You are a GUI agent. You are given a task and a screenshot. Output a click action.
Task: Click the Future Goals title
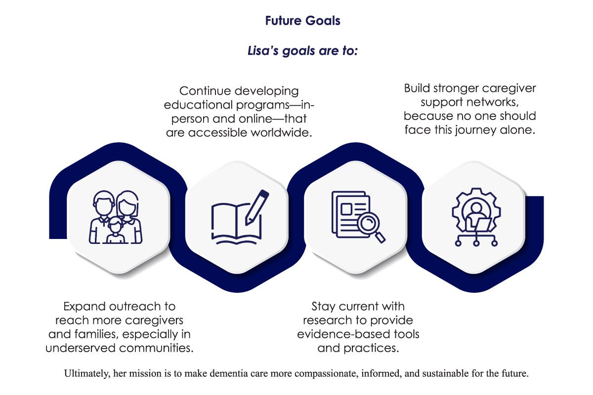coord(302,21)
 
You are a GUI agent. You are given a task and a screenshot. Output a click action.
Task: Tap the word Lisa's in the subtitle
coord(263,50)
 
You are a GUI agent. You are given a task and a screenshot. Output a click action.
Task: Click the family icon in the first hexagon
coord(116,217)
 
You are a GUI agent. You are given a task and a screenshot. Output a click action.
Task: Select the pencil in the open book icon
coord(257,208)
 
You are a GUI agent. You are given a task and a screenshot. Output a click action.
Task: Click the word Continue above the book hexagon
coord(205,91)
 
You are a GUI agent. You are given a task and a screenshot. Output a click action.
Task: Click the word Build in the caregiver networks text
coord(417,88)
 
